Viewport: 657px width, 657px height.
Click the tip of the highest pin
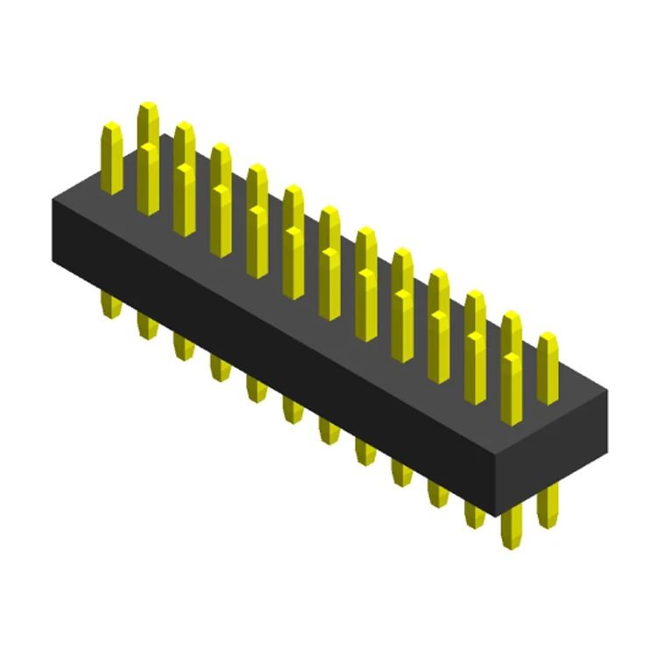(x=148, y=106)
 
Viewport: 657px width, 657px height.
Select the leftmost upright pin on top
(x=111, y=158)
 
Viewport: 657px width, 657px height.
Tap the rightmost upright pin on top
(x=547, y=368)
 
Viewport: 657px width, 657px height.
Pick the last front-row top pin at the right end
(x=512, y=390)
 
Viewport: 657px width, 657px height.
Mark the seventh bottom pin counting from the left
(x=329, y=428)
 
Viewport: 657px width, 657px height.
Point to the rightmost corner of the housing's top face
(x=607, y=391)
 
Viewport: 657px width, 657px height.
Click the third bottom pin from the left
(x=183, y=345)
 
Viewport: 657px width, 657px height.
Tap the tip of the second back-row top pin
(x=184, y=127)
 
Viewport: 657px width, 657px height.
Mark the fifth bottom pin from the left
(x=257, y=387)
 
